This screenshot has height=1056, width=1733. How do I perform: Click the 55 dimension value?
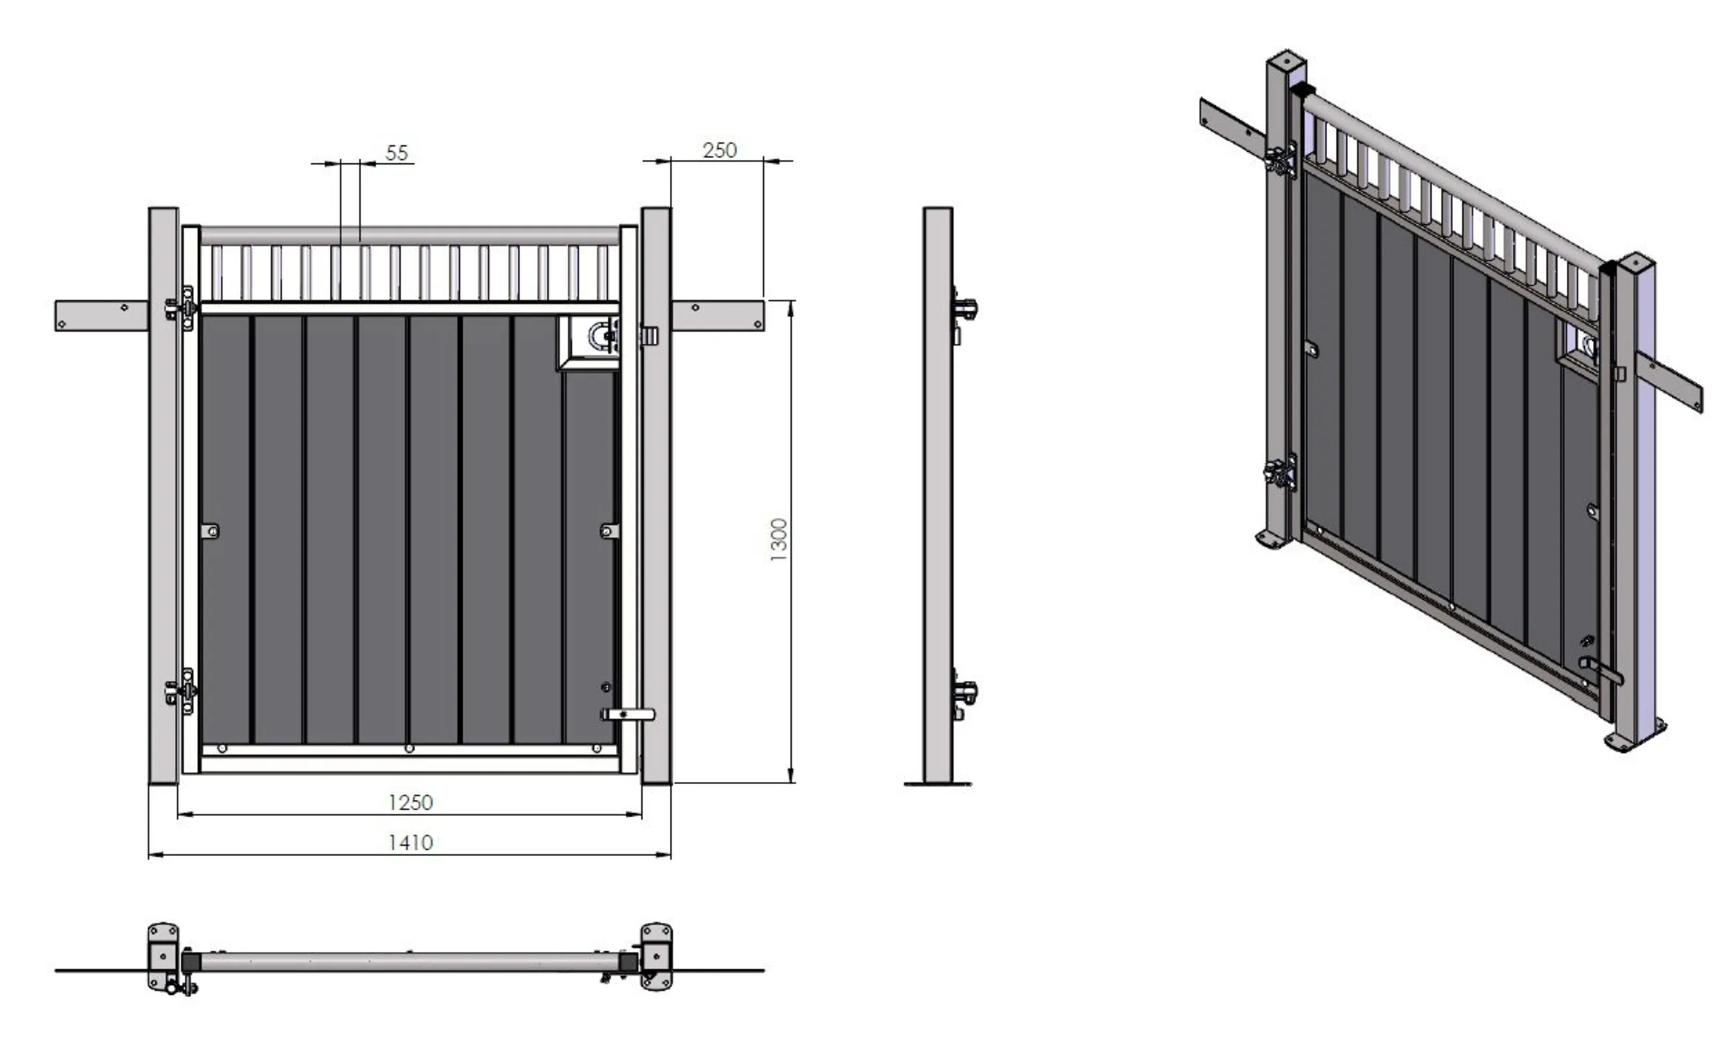(x=397, y=152)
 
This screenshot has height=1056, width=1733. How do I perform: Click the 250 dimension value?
(x=719, y=150)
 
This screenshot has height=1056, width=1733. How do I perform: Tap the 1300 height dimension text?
(x=779, y=539)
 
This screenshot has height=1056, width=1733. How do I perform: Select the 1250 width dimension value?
(x=411, y=802)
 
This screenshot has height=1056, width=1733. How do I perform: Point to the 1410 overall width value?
(x=411, y=842)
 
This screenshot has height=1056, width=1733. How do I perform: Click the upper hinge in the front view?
(x=181, y=307)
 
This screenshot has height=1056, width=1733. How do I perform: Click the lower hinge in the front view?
(x=181, y=691)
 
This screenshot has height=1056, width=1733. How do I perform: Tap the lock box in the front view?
(x=589, y=342)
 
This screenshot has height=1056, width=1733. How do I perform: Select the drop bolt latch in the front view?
(x=627, y=715)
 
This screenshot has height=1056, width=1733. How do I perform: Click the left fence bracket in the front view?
(x=101, y=316)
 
